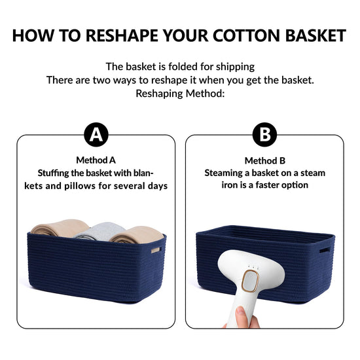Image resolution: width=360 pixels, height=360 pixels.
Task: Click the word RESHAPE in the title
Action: point(122,35)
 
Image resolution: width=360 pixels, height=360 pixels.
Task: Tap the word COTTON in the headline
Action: point(245,35)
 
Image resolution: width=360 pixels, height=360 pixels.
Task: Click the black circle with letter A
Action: point(96,135)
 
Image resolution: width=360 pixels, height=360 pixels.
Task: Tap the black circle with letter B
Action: point(264,135)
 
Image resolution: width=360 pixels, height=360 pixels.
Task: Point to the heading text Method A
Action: point(96,160)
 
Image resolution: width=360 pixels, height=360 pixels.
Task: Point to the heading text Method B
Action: point(265,160)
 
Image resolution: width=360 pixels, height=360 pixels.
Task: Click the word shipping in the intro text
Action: point(235,67)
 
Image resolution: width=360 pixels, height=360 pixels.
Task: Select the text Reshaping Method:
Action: point(180,94)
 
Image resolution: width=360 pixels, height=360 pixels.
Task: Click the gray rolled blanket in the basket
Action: point(101,232)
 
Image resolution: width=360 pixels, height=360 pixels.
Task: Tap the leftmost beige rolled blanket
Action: point(60,228)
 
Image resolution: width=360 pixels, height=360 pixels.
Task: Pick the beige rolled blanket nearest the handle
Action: point(137,234)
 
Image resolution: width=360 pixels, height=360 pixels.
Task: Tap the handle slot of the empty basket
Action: point(325,250)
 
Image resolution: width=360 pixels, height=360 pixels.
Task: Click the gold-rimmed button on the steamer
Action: point(250,281)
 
